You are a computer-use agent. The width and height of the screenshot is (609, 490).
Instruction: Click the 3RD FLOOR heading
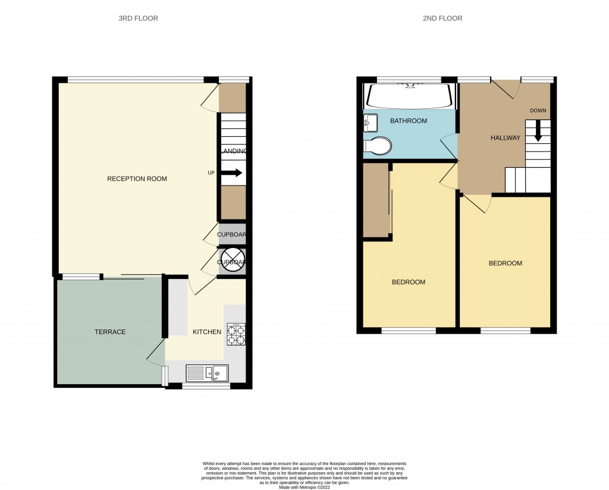138,18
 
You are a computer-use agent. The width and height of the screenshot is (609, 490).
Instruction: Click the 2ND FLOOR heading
442,18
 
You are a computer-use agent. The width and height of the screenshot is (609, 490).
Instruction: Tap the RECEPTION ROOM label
137,179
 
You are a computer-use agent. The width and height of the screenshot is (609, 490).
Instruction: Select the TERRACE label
110,332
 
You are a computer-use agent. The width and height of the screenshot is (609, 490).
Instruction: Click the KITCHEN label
207,332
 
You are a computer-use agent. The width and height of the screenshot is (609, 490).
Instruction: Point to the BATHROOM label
408,121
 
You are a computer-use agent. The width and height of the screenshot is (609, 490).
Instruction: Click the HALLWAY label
505,138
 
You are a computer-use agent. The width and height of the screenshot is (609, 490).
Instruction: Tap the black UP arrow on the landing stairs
231,173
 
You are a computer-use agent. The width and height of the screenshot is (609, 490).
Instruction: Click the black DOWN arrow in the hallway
538,131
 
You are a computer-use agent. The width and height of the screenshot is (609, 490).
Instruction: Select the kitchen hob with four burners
236,334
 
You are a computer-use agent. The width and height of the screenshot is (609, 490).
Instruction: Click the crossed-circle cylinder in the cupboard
232,262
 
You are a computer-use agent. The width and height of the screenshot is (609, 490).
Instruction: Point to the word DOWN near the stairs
538,111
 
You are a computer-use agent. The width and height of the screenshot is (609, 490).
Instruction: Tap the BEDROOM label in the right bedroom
505,263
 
